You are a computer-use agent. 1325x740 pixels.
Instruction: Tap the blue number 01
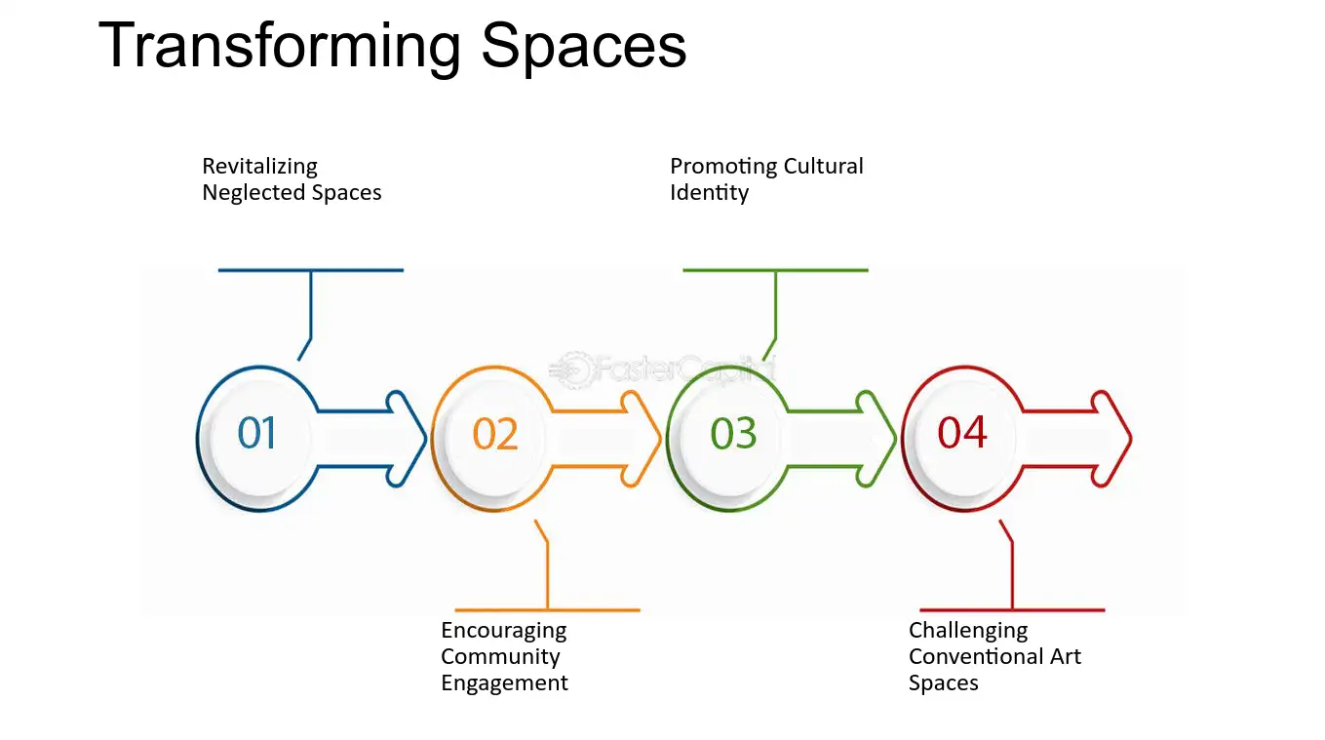(x=257, y=433)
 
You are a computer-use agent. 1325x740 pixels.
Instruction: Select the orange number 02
(x=495, y=434)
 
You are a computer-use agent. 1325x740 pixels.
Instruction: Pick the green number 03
(x=733, y=433)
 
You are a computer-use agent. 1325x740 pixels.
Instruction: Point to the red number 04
(x=962, y=432)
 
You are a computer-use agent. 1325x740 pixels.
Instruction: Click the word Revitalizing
(x=259, y=167)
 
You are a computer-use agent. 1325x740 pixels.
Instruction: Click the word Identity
(x=709, y=193)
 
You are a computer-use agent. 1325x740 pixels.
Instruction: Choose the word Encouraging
(x=504, y=631)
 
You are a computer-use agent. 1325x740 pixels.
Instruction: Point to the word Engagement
(x=505, y=683)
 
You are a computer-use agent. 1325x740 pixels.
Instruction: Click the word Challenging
(x=968, y=631)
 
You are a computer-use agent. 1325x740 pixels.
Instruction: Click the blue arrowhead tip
(x=426, y=439)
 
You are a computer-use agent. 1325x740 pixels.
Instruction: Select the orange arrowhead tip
(x=661, y=439)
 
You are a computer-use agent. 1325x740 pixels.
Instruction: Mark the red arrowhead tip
(x=1131, y=439)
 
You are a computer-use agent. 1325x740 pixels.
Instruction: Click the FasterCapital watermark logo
(x=661, y=370)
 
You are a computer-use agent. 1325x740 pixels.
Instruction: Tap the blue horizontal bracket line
(x=311, y=270)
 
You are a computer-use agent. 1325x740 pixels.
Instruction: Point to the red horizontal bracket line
(x=1012, y=610)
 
